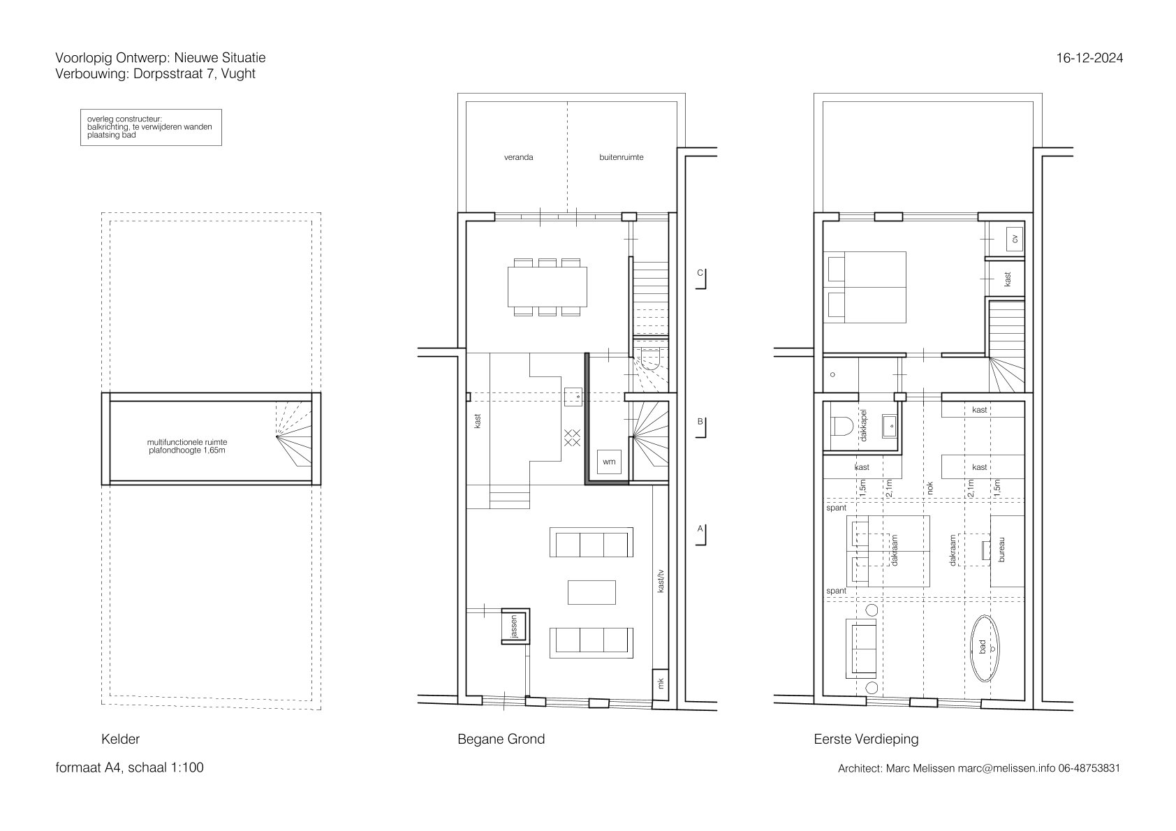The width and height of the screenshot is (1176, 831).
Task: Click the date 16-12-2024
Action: [x=1089, y=58]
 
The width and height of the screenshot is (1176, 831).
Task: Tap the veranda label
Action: [x=518, y=157]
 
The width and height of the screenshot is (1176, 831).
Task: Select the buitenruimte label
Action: [x=621, y=157]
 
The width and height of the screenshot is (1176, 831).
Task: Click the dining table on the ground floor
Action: [x=547, y=286]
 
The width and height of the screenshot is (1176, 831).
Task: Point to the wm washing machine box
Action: [x=609, y=462]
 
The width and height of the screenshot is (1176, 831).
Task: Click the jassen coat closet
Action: [x=515, y=626]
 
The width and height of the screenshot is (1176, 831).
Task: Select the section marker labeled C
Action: [x=700, y=279]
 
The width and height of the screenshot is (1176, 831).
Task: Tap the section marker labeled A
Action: [x=700, y=535]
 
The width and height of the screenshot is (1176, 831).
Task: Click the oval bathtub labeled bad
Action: [x=984, y=648]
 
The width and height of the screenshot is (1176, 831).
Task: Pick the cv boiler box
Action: [x=1014, y=239]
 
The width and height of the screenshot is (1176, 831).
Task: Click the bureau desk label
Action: [x=1001, y=549]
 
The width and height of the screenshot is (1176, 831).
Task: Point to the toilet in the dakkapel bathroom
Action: [x=841, y=426]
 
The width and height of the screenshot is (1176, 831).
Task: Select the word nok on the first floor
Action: [x=929, y=488]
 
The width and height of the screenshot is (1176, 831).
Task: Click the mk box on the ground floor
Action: [x=661, y=684]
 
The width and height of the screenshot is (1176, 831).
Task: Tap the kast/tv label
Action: [x=661, y=581]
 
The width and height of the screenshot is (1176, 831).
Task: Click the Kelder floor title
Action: [x=120, y=739]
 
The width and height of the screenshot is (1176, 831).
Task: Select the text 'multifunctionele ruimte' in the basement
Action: [x=187, y=443]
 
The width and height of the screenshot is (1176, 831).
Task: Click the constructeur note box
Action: [x=151, y=127]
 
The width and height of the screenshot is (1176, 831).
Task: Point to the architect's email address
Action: [x=1006, y=768]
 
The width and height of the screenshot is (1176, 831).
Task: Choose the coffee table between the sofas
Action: [x=591, y=592]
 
